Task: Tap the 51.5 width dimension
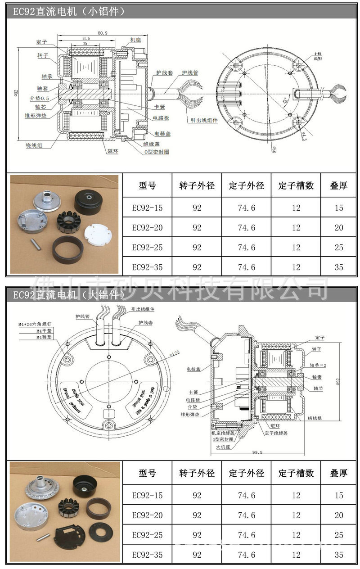click(86, 39)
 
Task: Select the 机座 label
click(135, 40)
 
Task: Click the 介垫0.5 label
click(41, 98)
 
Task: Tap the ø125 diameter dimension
click(162, 352)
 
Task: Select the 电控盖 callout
click(193, 369)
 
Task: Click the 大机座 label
click(223, 447)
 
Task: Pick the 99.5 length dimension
click(257, 452)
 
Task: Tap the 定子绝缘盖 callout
click(276, 433)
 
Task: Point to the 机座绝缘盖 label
click(222, 433)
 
